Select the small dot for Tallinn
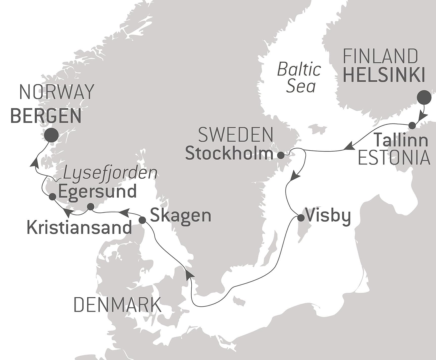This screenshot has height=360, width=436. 412,125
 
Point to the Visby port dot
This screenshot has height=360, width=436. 301,218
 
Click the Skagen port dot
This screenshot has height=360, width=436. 142,220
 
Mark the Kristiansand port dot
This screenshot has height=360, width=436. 90,207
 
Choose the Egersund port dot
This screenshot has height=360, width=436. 52,197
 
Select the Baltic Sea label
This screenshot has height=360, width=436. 300,78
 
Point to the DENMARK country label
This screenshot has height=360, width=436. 117,305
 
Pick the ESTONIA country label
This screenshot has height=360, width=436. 394,158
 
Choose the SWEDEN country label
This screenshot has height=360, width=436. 236,135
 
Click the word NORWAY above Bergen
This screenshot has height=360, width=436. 57,92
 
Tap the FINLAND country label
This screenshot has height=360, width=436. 380,56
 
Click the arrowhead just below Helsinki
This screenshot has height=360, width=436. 422,117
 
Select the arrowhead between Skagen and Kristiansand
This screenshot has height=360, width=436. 124,212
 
